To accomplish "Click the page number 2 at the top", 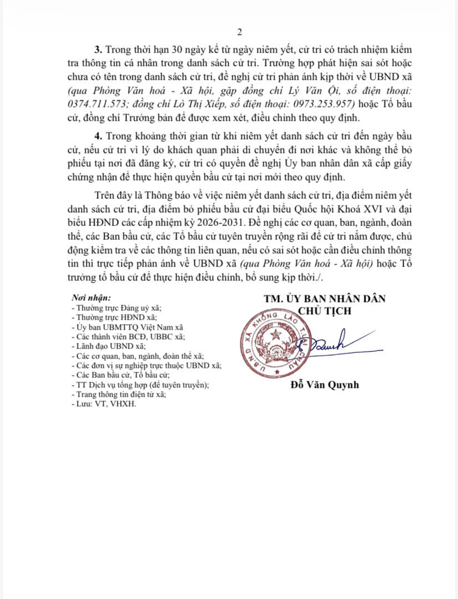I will (x=239, y=33).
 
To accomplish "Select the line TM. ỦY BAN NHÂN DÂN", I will (x=325, y=299).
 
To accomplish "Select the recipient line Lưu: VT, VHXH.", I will (x=104, y=405).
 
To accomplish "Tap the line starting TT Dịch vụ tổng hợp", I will (x=141, y=385).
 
